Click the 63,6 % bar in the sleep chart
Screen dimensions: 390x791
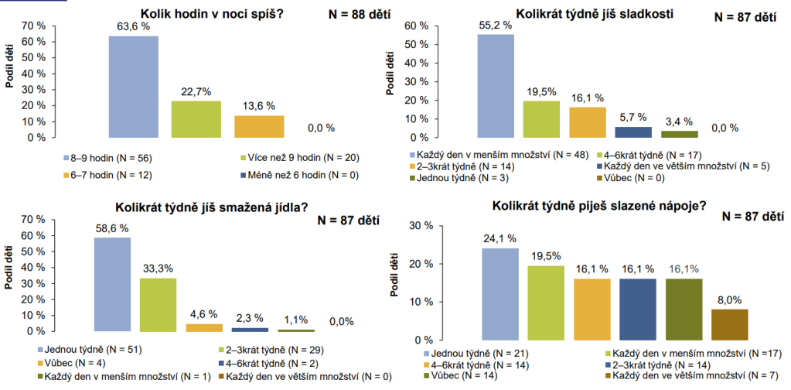133,87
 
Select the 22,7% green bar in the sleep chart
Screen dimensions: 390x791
196,119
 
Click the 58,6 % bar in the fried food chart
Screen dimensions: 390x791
112,284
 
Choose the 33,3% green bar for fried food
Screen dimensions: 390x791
159,304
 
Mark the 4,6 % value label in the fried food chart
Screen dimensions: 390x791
204,314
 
